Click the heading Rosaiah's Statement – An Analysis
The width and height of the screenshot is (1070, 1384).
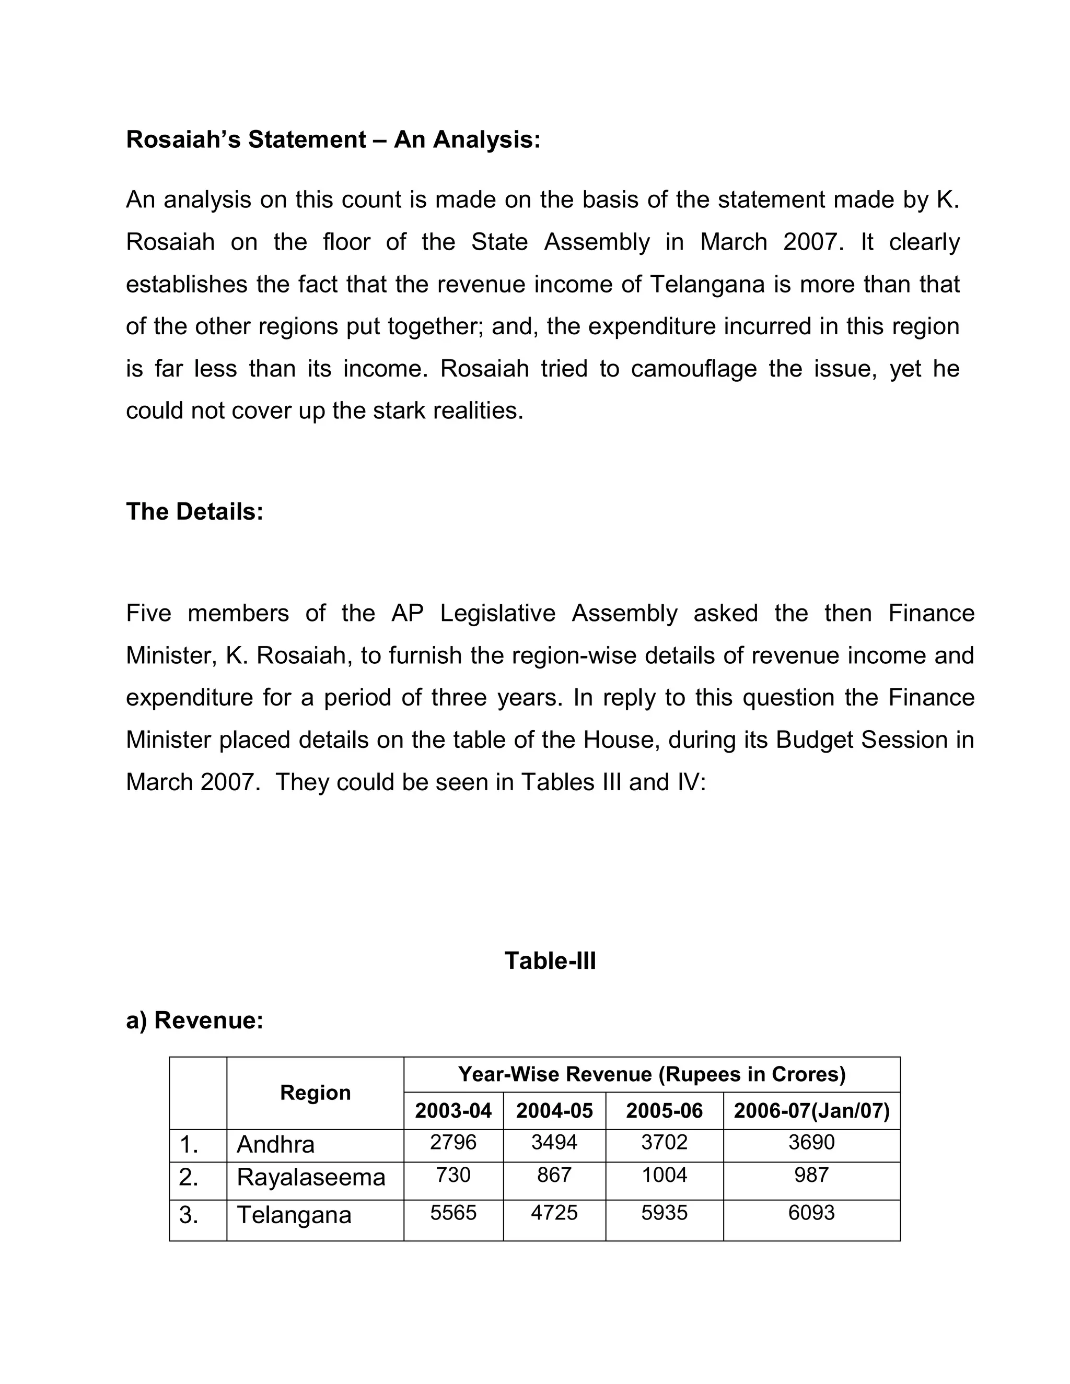[x=333, y=139]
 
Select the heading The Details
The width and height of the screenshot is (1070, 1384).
[x=194, y=511]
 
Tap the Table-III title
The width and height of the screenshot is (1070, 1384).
[x=550, y=960]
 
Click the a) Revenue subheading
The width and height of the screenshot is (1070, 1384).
[x=194, y=1021]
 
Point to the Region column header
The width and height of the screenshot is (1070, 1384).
[x=315, y=1093]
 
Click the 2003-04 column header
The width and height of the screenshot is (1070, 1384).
[x=452, y=1111]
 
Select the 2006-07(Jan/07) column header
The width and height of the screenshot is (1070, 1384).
[x=811, y=1111]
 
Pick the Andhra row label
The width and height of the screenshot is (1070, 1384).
[x=275, y=1144]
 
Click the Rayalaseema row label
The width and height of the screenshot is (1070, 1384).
[x=311, y=1177]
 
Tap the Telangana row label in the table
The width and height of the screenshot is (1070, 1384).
[x=294, y=1215]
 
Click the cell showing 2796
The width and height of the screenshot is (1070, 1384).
[x=452, y=1142]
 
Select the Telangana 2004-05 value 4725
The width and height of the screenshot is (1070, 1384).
[x=554, y=1212]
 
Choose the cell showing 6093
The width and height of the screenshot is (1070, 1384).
[x=811, y=1212]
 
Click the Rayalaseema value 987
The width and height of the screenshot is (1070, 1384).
[x=811, y=1175]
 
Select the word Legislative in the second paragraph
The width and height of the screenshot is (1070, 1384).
[x=497, y=614]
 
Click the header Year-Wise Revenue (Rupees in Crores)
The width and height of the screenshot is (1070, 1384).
[x=652, y=1074]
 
